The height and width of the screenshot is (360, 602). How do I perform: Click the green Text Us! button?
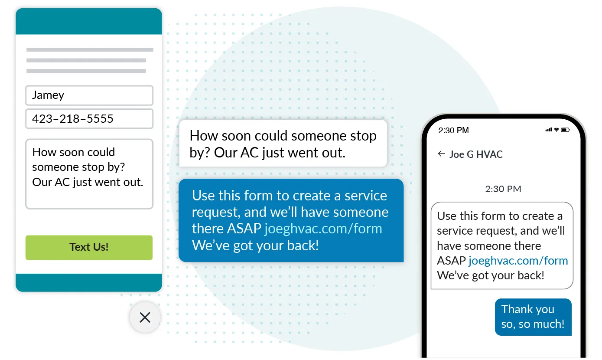[x=89, y=248]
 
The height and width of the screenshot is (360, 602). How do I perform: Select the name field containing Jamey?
[x=89, y=95]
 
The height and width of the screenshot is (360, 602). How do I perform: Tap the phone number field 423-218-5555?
[x=89, y=119]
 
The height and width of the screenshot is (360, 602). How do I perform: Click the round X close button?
[x=145, y=317]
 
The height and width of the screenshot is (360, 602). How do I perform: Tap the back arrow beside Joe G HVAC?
[x=441, y=154]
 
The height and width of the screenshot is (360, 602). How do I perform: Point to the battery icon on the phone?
[x=565, y=130]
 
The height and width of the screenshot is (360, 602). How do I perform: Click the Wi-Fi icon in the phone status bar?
[x=556, y=130]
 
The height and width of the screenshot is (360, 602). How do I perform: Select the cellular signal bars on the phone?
[x=549, y=130]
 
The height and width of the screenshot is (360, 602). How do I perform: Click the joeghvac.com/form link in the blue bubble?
[x=323, y=229]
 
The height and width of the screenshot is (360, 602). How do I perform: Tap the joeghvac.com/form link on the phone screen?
[x=518, y=261]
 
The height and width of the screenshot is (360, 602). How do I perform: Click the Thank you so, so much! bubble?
[x=533, y=317]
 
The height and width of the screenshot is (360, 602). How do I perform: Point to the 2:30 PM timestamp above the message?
[x=503, y=189]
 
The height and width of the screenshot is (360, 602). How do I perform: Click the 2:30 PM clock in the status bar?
[x=453, y=130]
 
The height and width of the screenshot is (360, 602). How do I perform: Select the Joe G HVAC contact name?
[x=476, y=154]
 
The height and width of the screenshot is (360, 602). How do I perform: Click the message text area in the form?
[x=89, y=174]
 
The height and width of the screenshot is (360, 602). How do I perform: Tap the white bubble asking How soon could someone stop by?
[x=283, y=144]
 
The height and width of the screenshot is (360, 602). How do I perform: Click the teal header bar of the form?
[x=89, y=21]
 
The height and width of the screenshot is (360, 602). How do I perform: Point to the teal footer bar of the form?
[x=89, y=282]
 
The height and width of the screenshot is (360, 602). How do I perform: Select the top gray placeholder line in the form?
[x=90, y=50]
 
